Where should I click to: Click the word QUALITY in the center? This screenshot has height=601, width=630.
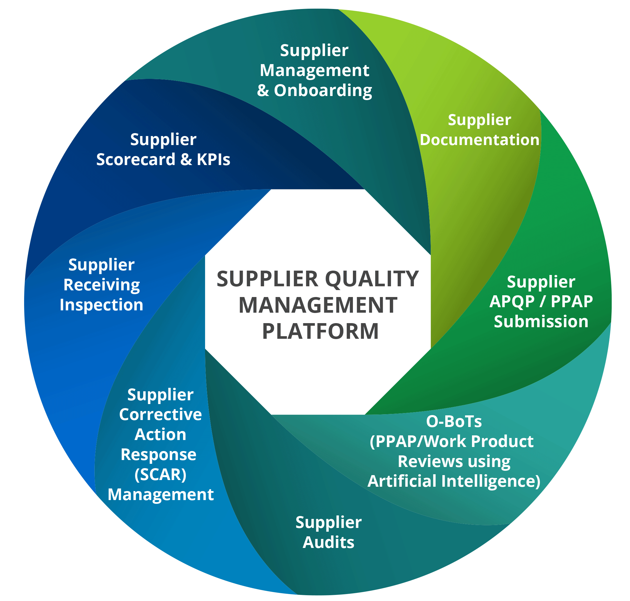(x=372, y=279)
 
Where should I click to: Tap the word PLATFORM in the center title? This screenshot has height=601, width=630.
(x=320, y=331)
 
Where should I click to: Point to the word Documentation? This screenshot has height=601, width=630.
(x=480, y=140)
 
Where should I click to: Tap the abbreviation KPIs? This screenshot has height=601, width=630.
(x=213, y=160)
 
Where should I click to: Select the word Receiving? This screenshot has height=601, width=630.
(x=101, y=285)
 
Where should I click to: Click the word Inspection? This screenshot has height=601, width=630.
(x=101, y=305)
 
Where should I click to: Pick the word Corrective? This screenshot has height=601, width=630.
(x=160, y=414)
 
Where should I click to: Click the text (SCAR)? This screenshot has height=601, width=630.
(x=160, y=475)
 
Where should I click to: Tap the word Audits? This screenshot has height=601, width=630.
(x=329, y=542)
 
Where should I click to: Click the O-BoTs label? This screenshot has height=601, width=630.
(x=454, y=421)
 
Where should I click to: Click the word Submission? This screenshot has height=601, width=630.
(x=541, y=322)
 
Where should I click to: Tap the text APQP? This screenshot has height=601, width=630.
(x=510, y=301)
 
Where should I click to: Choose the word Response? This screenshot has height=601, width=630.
(x=159, y=455)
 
